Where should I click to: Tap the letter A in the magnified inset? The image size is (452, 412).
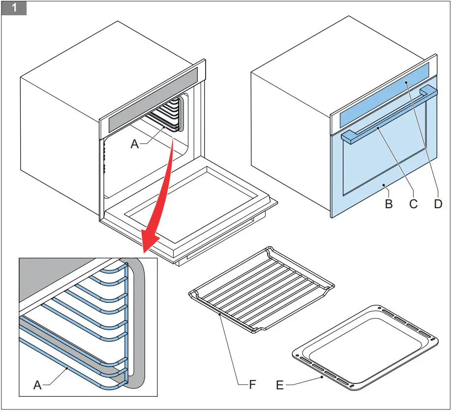click(37, 385)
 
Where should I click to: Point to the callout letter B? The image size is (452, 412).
click(389, 203)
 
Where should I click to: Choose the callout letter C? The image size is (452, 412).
click(413, 203)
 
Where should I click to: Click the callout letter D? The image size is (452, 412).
click(438, 203)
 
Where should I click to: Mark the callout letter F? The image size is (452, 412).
click(252, 384)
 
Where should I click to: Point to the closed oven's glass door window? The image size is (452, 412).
click(384, 162)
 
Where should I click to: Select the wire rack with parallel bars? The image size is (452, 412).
click(261, 290)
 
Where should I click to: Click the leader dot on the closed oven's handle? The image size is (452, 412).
click(378, 128)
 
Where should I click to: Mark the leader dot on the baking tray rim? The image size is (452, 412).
click(322, 377)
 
